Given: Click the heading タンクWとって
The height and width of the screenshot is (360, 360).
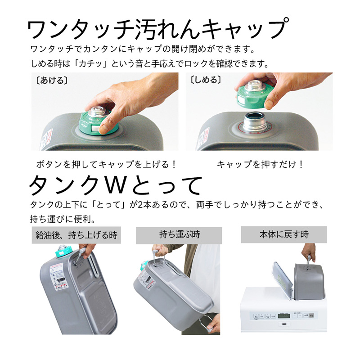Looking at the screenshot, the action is pyautogui.click(x=116, y=185).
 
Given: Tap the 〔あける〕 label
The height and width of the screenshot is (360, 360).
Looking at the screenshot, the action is pyautogui.click(x=52, y=81).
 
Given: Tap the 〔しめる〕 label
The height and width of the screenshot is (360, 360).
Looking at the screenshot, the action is pyautogui.click(x=206, y=80).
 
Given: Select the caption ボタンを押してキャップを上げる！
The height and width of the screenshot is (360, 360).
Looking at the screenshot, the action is pyautogui.click(x=107, y=164).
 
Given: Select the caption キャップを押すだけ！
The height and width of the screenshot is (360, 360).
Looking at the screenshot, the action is pyautogui.click(x=261, y=164).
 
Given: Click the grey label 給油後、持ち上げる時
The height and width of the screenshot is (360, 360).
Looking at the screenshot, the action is pyautogui.click(x=76, y=235).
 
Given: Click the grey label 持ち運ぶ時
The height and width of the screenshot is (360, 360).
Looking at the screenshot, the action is pyautogui.click(x=179, y=235).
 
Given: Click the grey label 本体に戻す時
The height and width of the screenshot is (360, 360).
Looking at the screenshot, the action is pyautogui.click(x=284, y=234).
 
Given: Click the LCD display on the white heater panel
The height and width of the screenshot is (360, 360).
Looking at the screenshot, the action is pyautogui.click(x=284, y=316).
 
